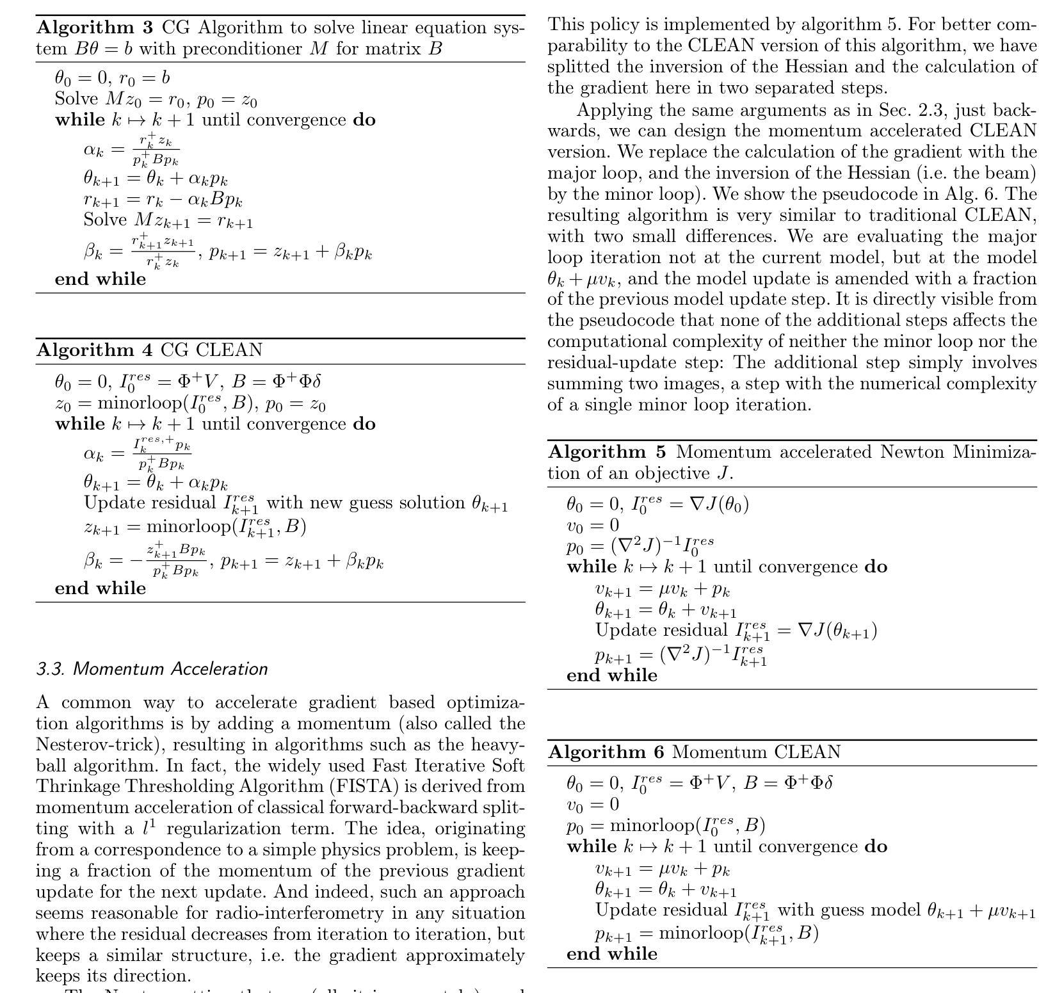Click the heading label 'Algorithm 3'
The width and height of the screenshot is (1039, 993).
click(x=95, y=28)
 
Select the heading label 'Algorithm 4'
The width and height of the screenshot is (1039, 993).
click(x=95, y=350)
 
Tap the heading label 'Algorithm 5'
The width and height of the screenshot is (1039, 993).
click(x=607, y=452)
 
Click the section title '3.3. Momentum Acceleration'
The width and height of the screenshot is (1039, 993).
click(x=152, y=669)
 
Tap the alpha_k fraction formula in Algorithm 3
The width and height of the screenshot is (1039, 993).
click(x=132, y=149)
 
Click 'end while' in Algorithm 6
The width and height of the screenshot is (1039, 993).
click(x=612, y=954)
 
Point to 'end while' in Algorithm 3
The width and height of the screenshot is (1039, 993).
click(x=101, y=279)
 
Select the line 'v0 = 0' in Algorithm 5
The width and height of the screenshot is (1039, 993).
click(x=592, y=526)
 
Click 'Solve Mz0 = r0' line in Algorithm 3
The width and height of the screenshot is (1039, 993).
click(x=156, y=100)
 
